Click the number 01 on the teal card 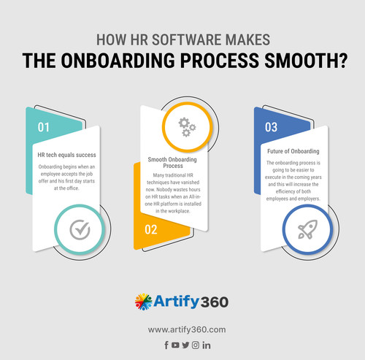44,127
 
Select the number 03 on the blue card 271,127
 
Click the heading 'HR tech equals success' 66,156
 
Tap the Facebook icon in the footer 166,345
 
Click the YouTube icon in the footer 176,345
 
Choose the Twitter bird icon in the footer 185,345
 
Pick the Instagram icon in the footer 196,345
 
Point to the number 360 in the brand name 212,302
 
